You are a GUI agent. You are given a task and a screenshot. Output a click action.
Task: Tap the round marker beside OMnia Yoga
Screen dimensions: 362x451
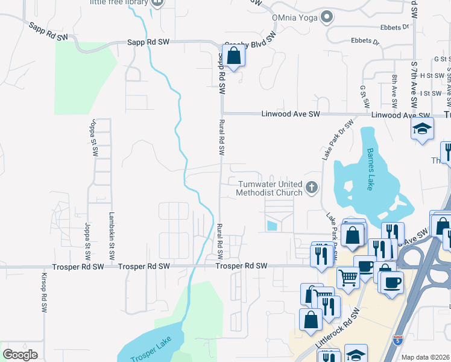tap(327, 16)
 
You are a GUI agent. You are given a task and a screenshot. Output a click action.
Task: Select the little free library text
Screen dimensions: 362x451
tap(119, 2)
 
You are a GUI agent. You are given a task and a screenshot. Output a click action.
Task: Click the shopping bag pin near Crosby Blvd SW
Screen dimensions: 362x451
tap(235, 56)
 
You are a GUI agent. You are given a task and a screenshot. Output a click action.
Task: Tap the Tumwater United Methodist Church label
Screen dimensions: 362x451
tap(270, 188)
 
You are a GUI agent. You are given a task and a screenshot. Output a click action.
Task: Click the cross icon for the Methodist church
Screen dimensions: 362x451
tap(312, 188)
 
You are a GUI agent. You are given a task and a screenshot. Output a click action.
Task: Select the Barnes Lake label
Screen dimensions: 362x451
tap(370, 170)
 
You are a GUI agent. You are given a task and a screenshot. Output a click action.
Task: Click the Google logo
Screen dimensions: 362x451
tap(20, 355)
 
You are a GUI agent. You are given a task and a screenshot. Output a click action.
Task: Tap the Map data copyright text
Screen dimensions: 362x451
tap(426, 357)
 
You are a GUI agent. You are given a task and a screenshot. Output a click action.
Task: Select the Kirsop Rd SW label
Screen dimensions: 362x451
tap(44, 296)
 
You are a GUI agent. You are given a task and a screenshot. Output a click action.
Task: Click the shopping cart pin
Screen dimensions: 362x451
tap(348, 278)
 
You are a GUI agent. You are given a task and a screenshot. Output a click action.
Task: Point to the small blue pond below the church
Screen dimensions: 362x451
tap(272, 226)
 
